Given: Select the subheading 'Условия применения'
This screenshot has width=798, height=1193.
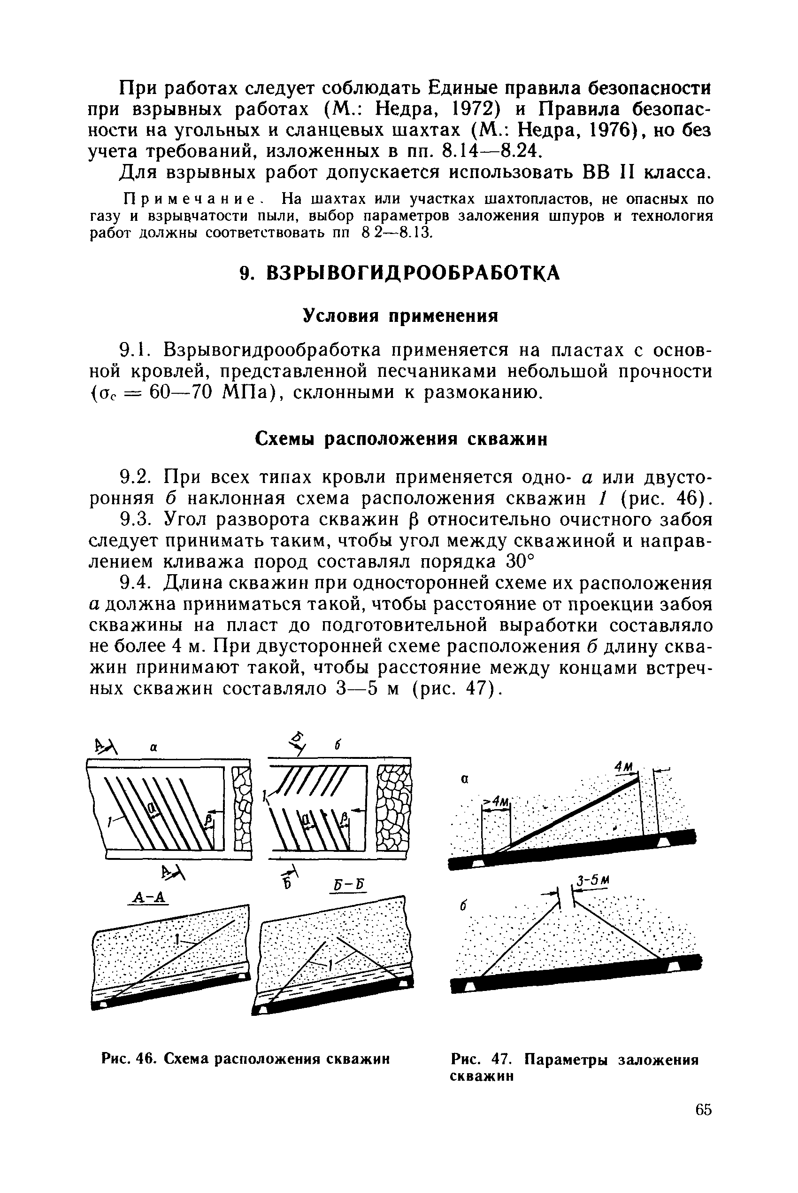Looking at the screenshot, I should [400, 316].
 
